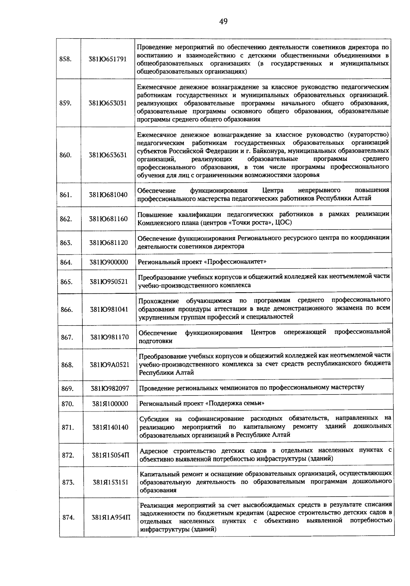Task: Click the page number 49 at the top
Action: (x=223, y=22)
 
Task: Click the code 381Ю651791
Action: (x=108, y=59)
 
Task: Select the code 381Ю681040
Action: (x=108, y=195)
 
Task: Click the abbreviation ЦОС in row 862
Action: (x=284, y=223)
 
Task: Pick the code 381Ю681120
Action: (x=108, y=243)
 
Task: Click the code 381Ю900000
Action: (x=108, y=262)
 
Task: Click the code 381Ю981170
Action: (x=109, y=337)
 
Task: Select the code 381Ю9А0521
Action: (x=109, y=365)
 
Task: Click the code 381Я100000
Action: (x=110, y=404)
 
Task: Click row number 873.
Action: (x=68, y=482)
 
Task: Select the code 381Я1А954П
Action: (x=111, y=517)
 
